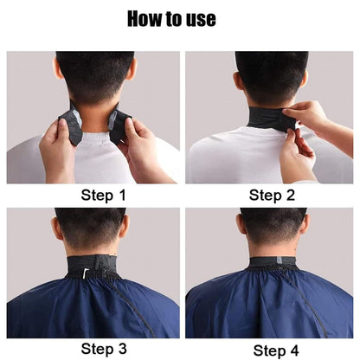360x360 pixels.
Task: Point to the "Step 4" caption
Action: pyautogui.click(x=273, y=349)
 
